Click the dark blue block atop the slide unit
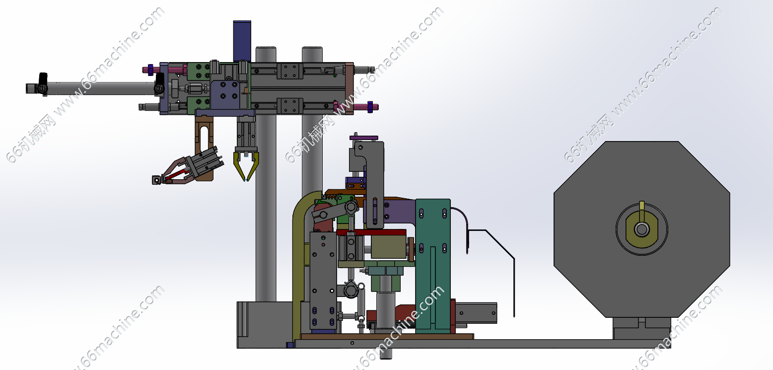click(242, 41)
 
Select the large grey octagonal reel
click(642, 229)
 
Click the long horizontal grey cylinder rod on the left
click(100, 88)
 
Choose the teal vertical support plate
click(433, 266)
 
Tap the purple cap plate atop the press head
click(364, 138)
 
